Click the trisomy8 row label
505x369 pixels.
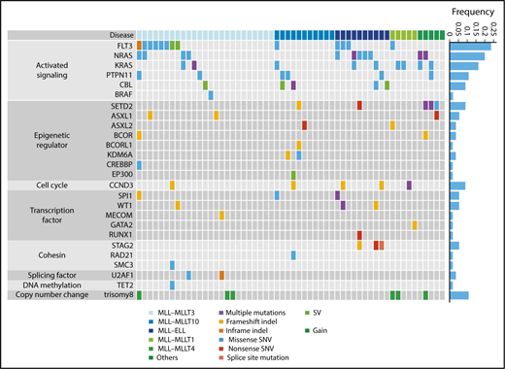coord(118,294)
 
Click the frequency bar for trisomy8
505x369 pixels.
coord(459,294)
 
